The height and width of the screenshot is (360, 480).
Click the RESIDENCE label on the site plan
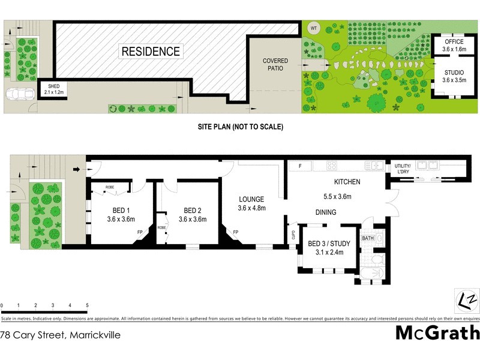pyautogui.click(x=151, y=52)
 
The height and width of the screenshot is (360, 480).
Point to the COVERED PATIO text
pyautogui.click(x=275, y=65)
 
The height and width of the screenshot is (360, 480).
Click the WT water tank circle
pyautogui.click(x=313, y=28)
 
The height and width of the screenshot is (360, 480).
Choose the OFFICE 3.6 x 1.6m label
pyautogui.click(x=454, y=45)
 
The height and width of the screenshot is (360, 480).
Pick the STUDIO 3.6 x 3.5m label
pyautogui.click(x=454, y=76)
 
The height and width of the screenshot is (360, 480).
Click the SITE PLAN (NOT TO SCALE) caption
pyautogui.click(x=240, y=127)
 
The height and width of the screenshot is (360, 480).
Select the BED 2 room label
pyautogui.click(x=192, y=215)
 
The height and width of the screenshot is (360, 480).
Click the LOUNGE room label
pyautogui.click(x=251, y=203)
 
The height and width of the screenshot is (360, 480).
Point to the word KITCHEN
pyautogui.click(x=347, y=182)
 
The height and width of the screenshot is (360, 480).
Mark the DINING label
pyautogui.click(x=326, y=212)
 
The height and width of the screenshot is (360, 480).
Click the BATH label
pyautogui.click(x=368, y=239)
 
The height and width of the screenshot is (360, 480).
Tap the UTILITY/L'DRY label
pyautogui.click(x=401, y=169)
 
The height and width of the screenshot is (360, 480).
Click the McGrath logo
pyautogui.click(x=437, y=332)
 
